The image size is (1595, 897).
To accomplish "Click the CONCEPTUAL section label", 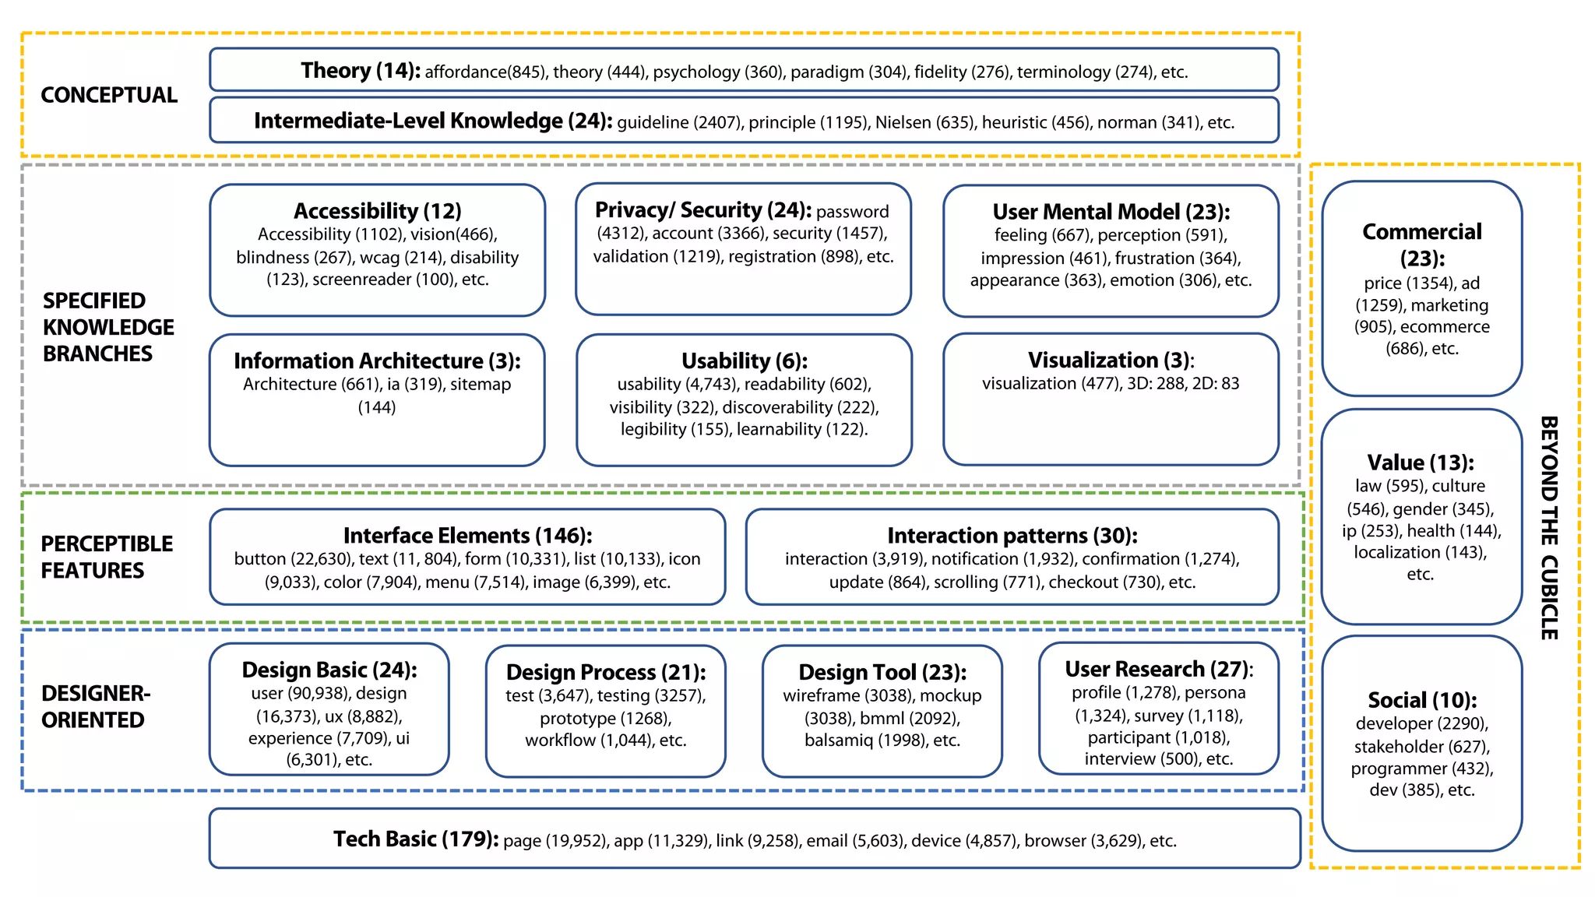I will (x=109, y=95).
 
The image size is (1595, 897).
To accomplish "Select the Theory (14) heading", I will (x=360, y=71).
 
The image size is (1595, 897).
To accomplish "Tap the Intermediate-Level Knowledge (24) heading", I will (x=432, y=121).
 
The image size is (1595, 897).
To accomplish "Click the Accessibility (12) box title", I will (x=377, y=211).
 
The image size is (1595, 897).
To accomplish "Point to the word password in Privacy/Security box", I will (x=852, y=212).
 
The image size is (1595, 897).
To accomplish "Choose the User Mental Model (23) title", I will (x=1111, y=212).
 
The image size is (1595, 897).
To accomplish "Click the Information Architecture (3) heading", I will (x=377, y=361).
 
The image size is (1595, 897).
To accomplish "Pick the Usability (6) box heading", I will (x=744, y=361).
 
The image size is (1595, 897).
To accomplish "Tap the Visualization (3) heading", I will (x=1111, y=361).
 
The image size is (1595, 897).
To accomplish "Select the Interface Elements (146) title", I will (x=467, y=536).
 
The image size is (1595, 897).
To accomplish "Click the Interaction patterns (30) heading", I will (x=1012, y=536).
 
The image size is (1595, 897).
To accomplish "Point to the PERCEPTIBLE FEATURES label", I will (x=107, y=557).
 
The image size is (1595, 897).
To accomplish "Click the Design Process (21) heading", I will (x=606, y=672).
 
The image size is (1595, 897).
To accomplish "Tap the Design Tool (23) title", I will (x=882, y=672).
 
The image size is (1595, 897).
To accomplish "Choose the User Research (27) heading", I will (x=1158, y=670).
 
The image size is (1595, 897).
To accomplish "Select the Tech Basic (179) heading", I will (x=415, y=839).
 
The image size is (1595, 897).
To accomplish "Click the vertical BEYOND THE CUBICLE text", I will (x=1549, y=527).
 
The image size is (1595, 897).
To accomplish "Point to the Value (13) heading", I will (x=1421, y=463).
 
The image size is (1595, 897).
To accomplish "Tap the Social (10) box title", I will (x=1421, y=700).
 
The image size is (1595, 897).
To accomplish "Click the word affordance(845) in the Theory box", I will (x=486, y=72).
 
